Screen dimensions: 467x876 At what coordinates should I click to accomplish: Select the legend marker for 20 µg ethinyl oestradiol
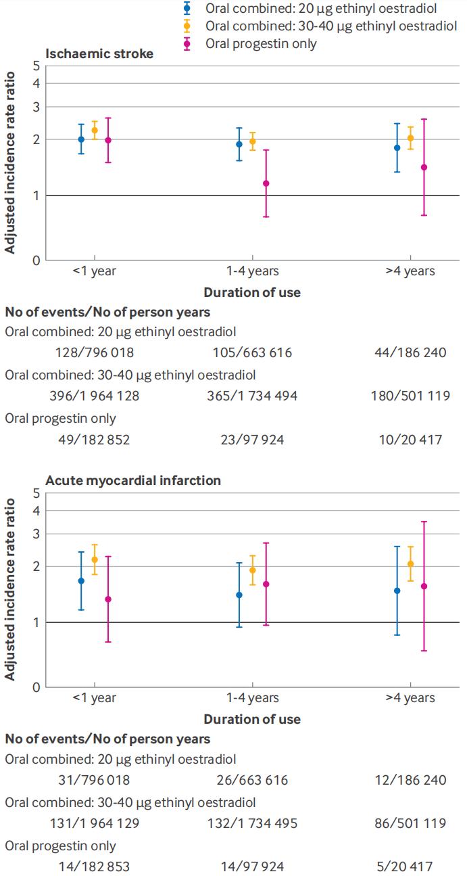click(187, 8)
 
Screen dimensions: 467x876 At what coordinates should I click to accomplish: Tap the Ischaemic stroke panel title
click(99, 53)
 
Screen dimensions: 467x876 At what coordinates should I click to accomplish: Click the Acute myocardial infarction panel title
click(133, 480)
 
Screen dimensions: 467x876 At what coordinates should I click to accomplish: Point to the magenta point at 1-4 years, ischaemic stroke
click(266, 183)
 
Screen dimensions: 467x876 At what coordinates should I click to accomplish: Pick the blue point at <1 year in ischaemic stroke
click(81, 139)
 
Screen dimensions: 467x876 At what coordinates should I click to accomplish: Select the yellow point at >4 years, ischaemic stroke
click(411, 138)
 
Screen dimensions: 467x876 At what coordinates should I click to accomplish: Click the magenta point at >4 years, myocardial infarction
click(424, 586)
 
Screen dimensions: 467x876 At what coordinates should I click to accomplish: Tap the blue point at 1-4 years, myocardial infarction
click(239, 595)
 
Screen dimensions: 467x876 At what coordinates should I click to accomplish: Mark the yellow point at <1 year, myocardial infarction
click(95, 559)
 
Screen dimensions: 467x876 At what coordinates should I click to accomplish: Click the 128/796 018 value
click(95, 352)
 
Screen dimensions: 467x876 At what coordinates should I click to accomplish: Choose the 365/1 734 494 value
click(252, 396)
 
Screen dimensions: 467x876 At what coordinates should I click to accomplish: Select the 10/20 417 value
click(410, 440)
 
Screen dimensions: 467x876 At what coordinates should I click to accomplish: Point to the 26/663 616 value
click(253, 780)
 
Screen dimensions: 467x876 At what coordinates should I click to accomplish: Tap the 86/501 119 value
click(410, 823)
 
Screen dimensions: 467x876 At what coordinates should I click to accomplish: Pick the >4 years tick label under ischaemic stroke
click(410, 271)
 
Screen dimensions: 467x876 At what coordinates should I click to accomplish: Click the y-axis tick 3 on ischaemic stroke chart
click(36, 107)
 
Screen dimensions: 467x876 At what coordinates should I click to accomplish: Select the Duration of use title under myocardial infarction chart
click(252, 719)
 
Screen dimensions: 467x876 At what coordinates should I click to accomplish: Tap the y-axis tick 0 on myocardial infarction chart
click(36, 687)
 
